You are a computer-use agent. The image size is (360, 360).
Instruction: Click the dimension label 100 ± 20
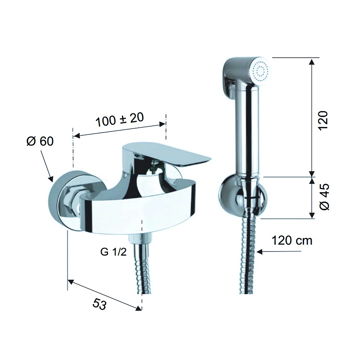pyautogui.click(x=120, y=120)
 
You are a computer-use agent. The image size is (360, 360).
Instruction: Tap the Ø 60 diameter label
pyautogui.click(x=40, y=141)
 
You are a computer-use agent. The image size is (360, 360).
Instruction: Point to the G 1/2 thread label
pyautogui.click(x=113, y=252)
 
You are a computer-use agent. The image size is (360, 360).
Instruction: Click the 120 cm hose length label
pyautogui.click(x=292, y=240)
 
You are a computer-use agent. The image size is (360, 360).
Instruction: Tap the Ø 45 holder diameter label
pyautogui.click(x=324, y=197)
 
